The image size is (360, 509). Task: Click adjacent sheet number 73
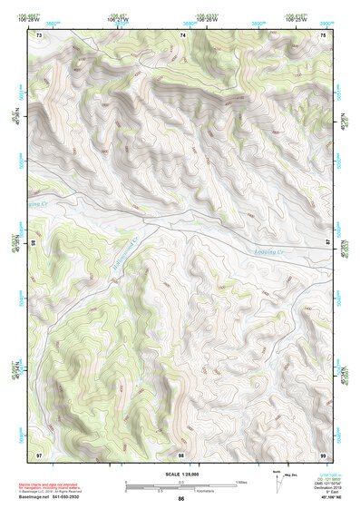[39, 35]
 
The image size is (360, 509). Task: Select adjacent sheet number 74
[183, 35]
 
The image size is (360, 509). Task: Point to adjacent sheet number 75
[323, 35]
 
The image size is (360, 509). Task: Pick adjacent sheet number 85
[34, 243]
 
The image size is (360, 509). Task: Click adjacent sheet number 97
[39, 454]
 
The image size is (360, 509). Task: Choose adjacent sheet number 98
[181, 454]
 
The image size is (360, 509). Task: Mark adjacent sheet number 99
[323, 454]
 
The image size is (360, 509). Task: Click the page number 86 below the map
[181, 499]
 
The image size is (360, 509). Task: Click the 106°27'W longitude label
[115, 17]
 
